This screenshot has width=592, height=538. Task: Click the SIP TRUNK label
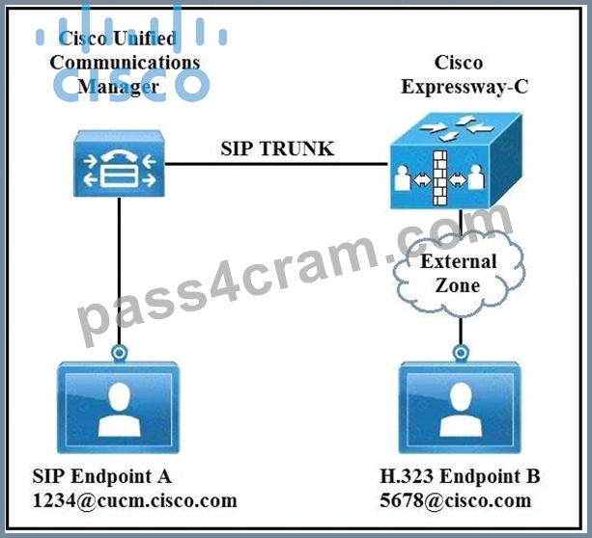coord(277,148)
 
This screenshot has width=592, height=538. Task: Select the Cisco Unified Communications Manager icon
coord(119,163)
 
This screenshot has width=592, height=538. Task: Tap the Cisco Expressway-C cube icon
coord(456,161)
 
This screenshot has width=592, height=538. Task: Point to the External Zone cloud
coord(459,273)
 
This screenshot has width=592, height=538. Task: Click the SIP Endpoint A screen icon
coord(118,407)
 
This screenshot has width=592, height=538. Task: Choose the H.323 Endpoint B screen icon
coord(461,407)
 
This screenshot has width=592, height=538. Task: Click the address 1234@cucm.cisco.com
coord(135,501)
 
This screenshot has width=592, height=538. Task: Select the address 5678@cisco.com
coord(456,501)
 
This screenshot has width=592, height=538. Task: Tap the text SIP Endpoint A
coord(102,476)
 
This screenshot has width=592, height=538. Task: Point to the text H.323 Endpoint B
coord(460,476)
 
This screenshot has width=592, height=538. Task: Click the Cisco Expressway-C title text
coord(464,74)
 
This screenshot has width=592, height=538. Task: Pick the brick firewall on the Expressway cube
coord(439,178)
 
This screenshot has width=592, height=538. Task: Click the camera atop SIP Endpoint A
coord(120,353)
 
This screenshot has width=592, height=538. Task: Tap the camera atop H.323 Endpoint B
coord(461,353)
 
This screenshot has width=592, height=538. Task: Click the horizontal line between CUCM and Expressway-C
coord(276,164)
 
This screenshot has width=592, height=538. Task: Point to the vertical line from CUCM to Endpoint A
coord(120,271)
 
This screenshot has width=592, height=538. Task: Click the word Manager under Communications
coord(119,87)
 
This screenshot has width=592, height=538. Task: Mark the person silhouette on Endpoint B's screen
coord(461,410)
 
